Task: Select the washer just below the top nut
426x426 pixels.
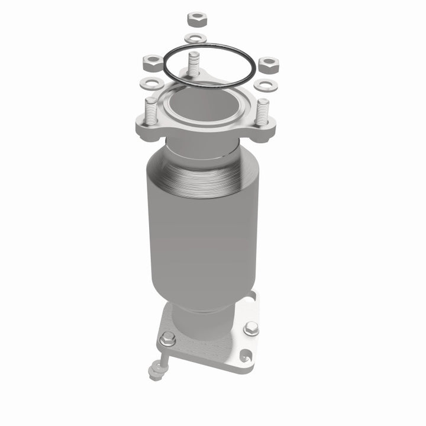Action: pos(195,38)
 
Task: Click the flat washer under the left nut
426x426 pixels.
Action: pos(149,82)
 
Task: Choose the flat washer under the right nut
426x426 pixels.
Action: pos(266,85)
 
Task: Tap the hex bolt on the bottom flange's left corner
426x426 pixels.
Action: pos(168,339)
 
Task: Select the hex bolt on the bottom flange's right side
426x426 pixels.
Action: pos(251,328)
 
